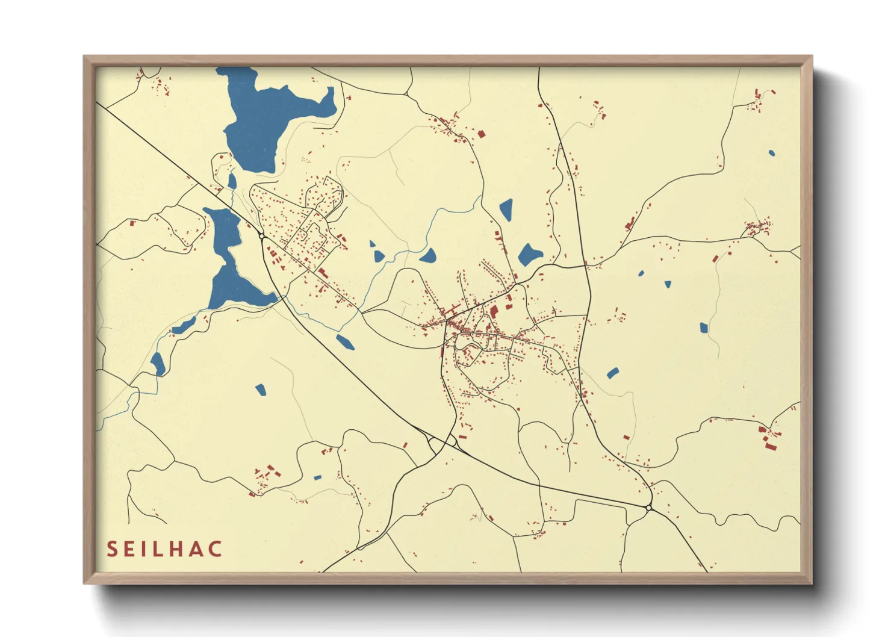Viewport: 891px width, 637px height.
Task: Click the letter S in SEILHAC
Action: (x=112, y=549)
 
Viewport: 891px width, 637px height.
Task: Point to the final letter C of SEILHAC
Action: (x=216, y=549)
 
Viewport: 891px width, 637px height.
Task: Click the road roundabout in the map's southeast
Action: (x=648, y=508)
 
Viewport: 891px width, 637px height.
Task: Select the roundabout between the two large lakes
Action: (x=262, y=236)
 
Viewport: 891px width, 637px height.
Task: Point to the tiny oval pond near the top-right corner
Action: (x=771, y=153)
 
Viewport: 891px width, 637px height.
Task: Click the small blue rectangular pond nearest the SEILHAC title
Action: (x=317, y=478)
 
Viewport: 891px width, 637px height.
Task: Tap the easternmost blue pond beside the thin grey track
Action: (x=704, y=328)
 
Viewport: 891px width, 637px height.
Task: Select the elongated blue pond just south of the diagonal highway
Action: (x=345, y=342)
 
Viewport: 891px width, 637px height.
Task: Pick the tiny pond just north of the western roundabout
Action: (x=232, y=181)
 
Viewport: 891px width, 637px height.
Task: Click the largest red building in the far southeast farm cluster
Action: (x=769, y=445)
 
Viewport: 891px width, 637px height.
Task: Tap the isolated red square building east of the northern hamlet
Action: (x=481, y=134)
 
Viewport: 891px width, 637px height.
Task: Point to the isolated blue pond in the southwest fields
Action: (x=260, y=390)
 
